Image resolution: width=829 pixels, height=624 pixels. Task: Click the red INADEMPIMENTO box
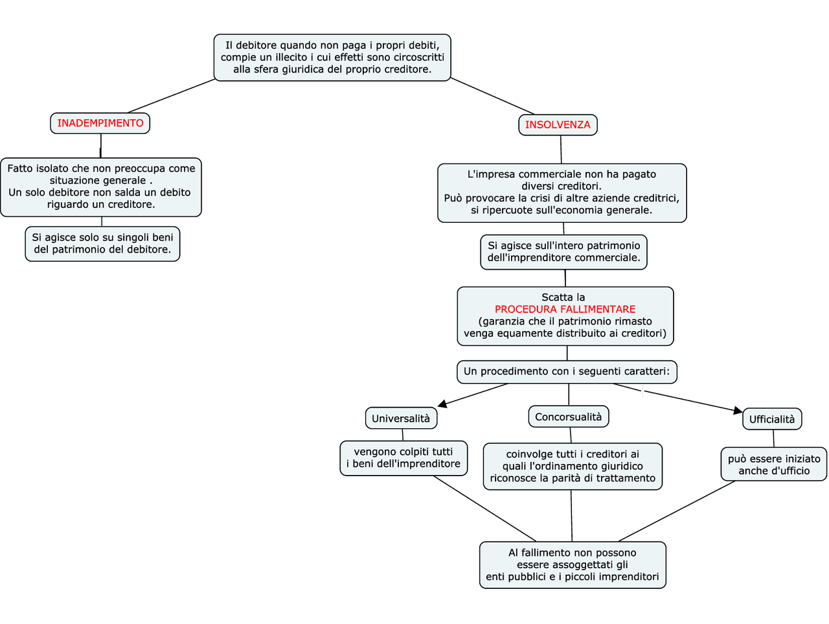tap(100, 123)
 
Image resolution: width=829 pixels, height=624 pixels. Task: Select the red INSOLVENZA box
tap(558, 125)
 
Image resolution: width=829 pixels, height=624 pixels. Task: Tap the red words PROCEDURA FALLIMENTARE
tap(565, 310)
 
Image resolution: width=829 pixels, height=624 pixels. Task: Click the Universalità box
tap(401, 419)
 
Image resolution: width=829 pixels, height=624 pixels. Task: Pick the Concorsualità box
tap(568, 417)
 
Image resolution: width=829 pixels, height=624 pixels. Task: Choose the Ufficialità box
tap(771, 419)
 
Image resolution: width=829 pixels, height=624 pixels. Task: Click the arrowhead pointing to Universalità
tap(443, 404)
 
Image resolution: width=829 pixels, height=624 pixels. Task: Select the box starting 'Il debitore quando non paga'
tap(332, 58)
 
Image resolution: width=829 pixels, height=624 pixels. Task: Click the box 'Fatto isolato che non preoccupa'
tap(101, 187)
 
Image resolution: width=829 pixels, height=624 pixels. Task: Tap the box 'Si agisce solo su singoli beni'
tap(102, 244)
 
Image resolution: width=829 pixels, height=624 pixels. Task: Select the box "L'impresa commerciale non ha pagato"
tap(562, 192)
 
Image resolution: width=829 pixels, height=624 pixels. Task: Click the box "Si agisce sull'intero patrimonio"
tap(563, 252)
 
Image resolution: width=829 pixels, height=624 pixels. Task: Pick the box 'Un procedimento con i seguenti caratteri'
tap(567, 372)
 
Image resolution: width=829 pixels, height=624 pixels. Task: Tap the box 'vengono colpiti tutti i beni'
tap(403, 458)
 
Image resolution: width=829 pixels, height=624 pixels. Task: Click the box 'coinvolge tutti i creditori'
tap(573, 467)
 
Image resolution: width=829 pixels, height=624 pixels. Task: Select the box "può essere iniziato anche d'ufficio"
tap(773, 465)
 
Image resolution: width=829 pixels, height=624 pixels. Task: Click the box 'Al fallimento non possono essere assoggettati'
tap(573, 565)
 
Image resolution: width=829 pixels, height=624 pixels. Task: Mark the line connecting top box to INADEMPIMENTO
tap(172, 96)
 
